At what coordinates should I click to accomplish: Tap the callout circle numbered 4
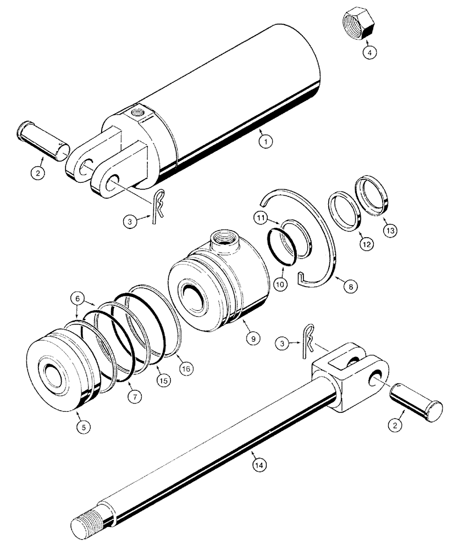coord(369,53)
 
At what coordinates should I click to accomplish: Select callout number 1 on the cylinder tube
coord(266,142)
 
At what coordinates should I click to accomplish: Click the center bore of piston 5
coord(54,379)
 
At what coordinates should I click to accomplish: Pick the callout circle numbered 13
coord(388,229)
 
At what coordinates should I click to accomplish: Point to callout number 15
coord(160,378)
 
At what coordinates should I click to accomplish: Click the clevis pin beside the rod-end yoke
coord(416,403)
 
